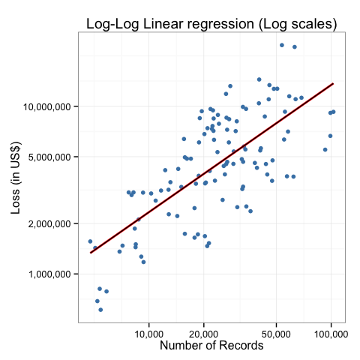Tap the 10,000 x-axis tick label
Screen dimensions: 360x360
pyautogui.click(x=149, y=334)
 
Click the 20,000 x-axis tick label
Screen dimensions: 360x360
pyautogui.click(x=204, y=334)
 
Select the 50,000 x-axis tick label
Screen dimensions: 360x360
pyautogui.click(x=276, y=334)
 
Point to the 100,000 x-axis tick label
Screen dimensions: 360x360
pyautogui.click(x=331, y=334)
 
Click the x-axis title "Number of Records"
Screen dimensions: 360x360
pyautogui.click(x=211, y=346)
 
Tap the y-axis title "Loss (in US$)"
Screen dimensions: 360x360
pyautogui.click(x=16, y=178)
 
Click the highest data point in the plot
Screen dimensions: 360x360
pyautogui.click(x=282, y=45)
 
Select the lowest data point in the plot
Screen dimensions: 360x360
pyautogui.click(x=100, y=310)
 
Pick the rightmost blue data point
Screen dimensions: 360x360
pyautogui.click(x=333, y=112)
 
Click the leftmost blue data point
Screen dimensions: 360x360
pyautogui.click(x=90, y=241)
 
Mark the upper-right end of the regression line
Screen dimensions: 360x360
pyautogui.click(x=333, y=83)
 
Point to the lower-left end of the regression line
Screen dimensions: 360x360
pyautogui.click(x=91, y=253)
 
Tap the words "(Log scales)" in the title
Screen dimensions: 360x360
pyautogui.click(x=298, y=25)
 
